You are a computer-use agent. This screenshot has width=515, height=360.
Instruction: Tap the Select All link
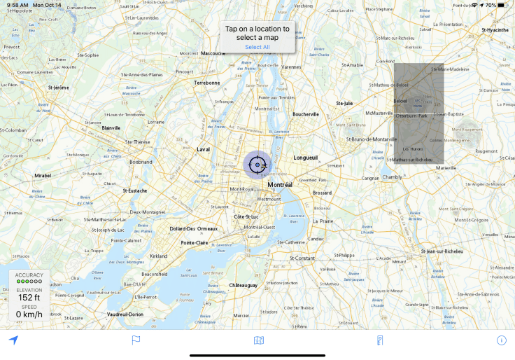(257, 47)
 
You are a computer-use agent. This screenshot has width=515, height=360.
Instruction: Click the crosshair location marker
(257, 165)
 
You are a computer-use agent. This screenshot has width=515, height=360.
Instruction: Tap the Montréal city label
(280, 185)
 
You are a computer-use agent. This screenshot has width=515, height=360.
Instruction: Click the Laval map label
(204, 149)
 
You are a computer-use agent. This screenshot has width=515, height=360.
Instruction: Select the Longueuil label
(305, 158)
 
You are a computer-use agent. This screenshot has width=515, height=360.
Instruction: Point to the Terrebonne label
(206, 83)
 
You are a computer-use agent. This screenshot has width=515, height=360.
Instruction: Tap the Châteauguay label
(244, 285)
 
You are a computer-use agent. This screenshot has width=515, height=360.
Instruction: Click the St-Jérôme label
(58, 88)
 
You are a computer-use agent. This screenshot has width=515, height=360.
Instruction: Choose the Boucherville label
(306, 114)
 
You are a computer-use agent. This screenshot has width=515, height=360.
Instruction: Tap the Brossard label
(323, 193)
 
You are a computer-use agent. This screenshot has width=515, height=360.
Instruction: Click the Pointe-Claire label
(195, 242)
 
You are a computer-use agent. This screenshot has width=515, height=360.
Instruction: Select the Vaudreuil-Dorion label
(125, 314)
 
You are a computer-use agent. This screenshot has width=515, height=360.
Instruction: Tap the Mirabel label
(43, 176)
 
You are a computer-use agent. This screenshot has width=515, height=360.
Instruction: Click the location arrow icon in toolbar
(13, 340)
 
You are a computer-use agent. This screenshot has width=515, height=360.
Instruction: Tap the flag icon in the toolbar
(136, 340)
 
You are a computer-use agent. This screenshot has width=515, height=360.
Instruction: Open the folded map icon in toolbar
(259, 340)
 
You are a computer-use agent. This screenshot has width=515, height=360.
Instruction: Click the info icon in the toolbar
(501, 340)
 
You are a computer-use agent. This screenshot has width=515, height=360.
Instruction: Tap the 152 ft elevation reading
(29, 298)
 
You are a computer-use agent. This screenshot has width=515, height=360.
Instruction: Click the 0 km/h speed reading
(29, 314)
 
